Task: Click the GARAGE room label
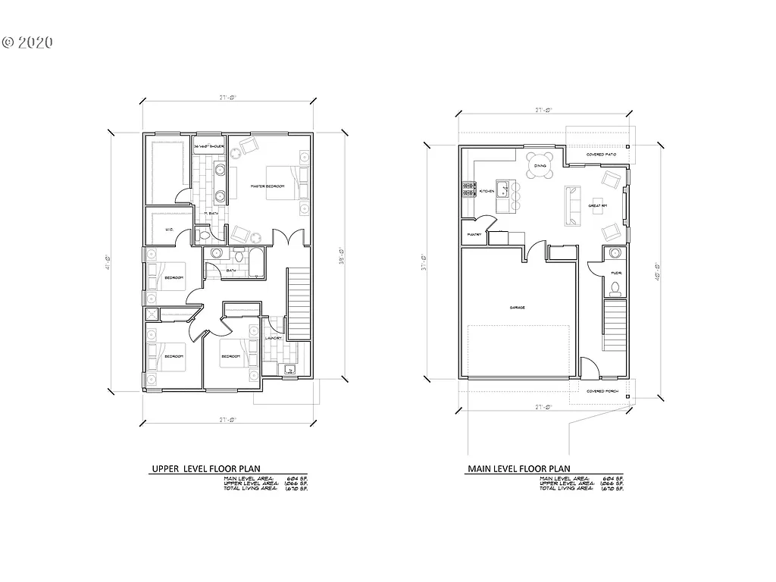pos(518,308)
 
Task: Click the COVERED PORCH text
pos(603,391)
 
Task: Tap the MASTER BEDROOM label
pos(268,186)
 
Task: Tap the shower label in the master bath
pos(210,145)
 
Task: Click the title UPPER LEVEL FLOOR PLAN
pos(207,470)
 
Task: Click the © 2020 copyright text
pos(27,43)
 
